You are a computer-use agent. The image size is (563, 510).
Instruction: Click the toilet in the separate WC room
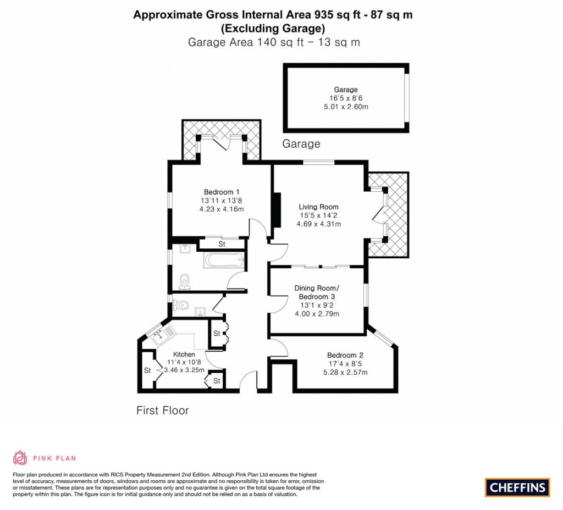tap(180, 303)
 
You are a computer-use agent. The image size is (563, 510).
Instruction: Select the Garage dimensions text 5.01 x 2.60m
tap(346, 107)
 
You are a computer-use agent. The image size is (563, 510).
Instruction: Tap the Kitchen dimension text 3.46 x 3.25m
tap(184, 370)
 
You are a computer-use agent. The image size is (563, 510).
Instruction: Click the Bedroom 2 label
tap(345, 355)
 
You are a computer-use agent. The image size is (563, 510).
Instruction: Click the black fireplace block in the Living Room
tap(278, 210)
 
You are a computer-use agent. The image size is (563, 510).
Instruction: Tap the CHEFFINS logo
tap(517, 487)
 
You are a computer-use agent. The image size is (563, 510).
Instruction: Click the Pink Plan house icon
tap(20, 458)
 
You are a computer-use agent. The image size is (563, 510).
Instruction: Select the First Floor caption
tap(162, 411)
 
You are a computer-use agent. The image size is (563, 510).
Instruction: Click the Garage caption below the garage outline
tap(301, 144)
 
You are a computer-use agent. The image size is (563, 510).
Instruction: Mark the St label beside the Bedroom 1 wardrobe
tap(222, 244)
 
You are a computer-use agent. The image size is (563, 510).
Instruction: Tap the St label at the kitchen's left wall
tap(147, 370)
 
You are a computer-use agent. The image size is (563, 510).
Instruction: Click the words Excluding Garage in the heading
tap(273, 28)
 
